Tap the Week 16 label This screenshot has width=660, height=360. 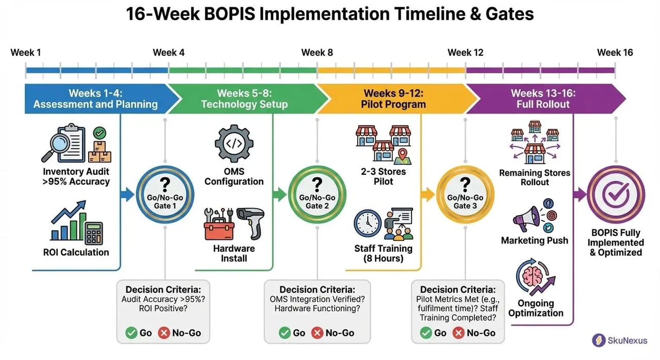tap(615, 53)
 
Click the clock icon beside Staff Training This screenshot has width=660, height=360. tap(368, 223)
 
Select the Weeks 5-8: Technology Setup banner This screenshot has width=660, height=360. tap(243, 99)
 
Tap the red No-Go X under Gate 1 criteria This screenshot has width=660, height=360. tap(164, 333)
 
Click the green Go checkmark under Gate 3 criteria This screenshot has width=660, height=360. tap(425, 333)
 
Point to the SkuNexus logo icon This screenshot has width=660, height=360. tap(599, 340)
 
